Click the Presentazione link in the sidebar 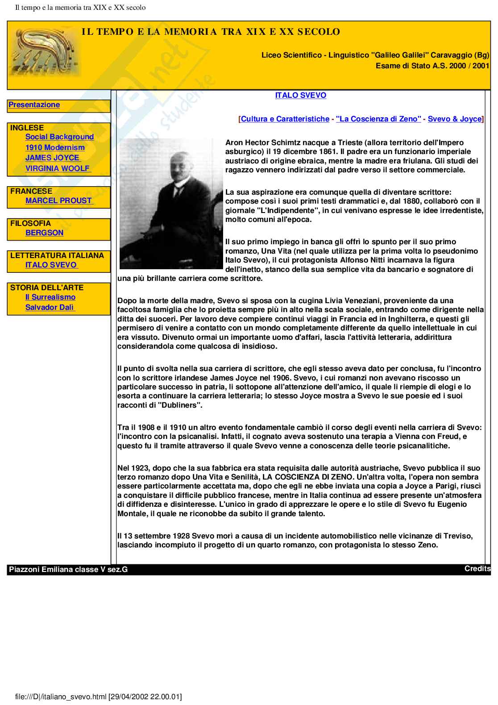pos(34,105)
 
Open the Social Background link pos(59,137)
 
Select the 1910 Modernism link pos(55,148)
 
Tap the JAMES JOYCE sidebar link pos(52,158)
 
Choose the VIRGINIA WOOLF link pos(58,169)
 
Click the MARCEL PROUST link pos(58,201)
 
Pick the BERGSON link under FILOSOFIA pos(44,233)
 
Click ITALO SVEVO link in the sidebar pos(51,265)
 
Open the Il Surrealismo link pos(50,297)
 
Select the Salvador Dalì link pos(50,308)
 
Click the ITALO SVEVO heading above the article pos(300,96)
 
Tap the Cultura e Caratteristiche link pos(285,119)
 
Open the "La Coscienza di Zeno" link pos(378,119)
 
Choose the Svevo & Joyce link pos(455,119)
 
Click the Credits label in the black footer pos(477,569)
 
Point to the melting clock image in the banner pos(45,51)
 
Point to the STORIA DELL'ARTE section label pos(47,288)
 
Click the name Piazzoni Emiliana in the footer pos(41,570)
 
